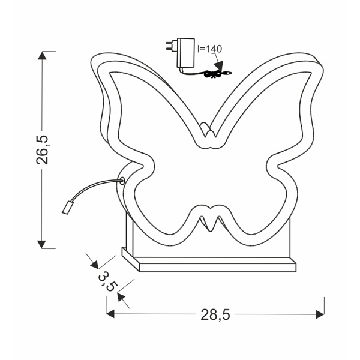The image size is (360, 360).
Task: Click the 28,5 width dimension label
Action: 215,314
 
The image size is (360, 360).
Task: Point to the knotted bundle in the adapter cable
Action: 212,74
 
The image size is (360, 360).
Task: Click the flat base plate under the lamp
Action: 210,264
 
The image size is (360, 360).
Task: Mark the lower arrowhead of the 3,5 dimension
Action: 121,295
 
